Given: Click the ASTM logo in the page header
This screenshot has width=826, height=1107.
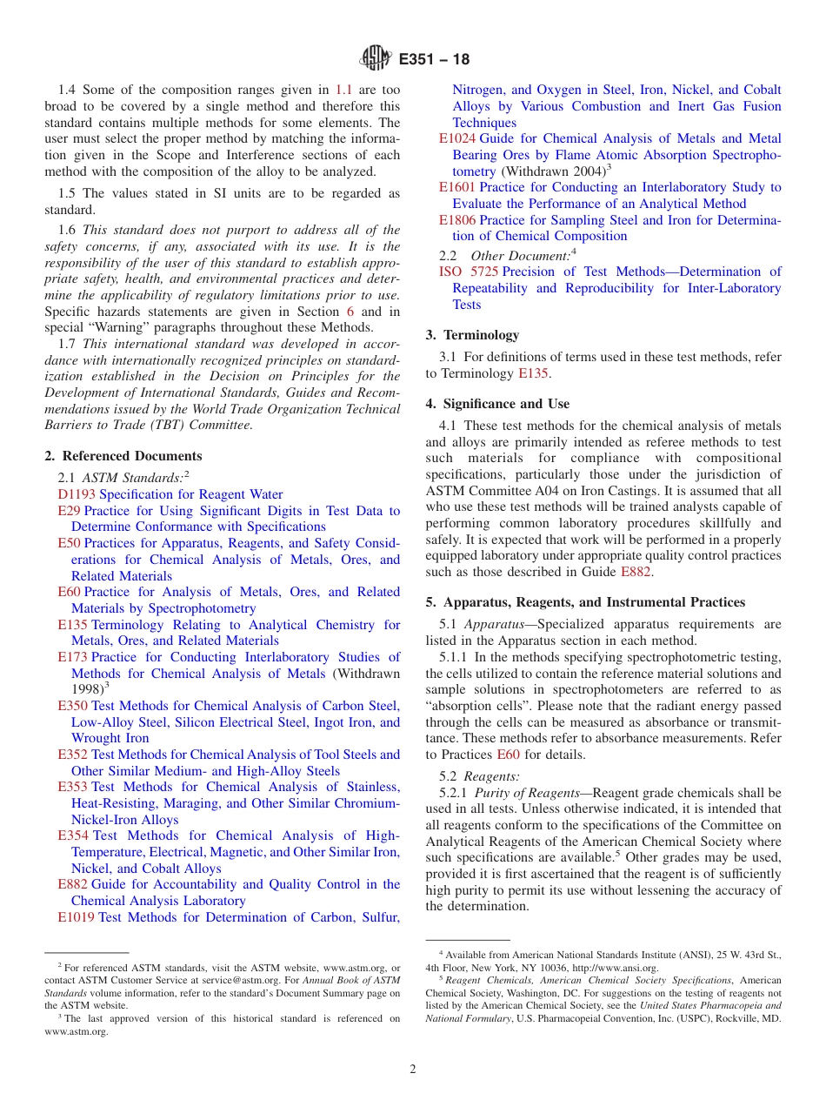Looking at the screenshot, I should [x=376, y=59].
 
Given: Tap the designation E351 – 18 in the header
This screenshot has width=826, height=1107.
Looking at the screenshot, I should [x=434, y=60].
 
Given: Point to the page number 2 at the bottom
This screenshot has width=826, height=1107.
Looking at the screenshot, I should [x=413, y=1070].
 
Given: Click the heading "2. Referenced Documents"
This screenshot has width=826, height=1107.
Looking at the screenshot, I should [x=123, y=456].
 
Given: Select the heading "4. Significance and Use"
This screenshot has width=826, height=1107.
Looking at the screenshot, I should [x=497, y=404].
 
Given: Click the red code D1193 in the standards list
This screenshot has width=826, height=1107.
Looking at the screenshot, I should [x=77, y=494].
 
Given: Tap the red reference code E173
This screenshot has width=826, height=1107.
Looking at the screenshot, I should [x=72, y=657].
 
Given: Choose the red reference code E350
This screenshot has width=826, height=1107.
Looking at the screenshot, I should [x=72, y=706].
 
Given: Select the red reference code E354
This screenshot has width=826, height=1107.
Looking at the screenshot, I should [x=72, y=835].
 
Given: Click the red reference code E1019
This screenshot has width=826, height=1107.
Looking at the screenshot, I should [x=76, y=917].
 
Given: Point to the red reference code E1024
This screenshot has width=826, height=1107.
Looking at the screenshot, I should [x=457, y=138].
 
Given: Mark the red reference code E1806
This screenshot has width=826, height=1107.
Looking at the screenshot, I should [x=457, y=220].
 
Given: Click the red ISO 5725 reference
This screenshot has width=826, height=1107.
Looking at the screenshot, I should [x=469, y=272].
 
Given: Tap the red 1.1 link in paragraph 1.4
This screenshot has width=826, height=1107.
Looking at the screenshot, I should [x=344, y=90].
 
